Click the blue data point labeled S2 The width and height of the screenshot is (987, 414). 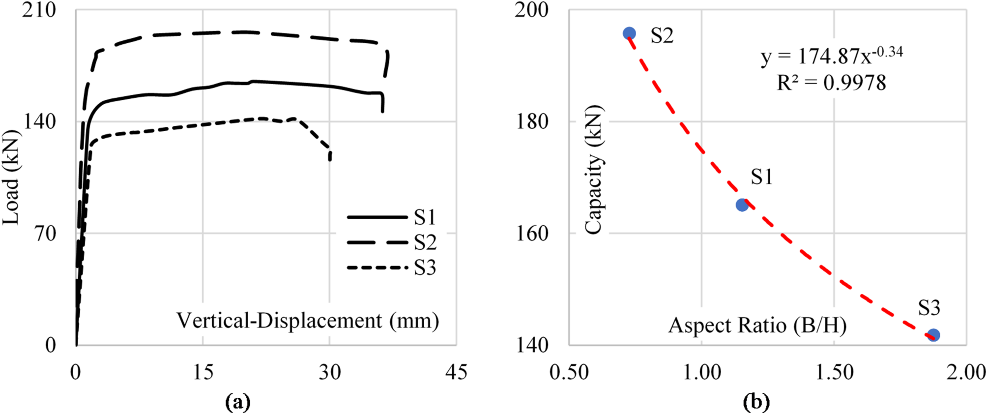[x=629, y=33]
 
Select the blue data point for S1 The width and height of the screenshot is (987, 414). [x=742, y=205]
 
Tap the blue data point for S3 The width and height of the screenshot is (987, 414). [x=933, y=335]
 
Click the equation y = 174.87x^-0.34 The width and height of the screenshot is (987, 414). [x=832, y=56]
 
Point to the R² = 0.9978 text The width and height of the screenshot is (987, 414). [x=831, y=83]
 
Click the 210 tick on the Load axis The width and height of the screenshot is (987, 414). [x=39, y=10]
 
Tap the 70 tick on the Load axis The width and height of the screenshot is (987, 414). [x=46, y=234]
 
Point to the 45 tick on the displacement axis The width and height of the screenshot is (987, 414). [x=456, y=372]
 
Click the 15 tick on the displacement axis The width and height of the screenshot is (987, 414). [x=203, y=372]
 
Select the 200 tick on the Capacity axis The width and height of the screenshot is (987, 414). [x=531, y=10]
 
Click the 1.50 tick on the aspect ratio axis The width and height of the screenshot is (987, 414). [x=834, y=372]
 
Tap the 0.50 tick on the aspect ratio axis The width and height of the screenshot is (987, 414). [x=569, y=372]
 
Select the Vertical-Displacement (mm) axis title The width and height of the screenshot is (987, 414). [x=308, y=321]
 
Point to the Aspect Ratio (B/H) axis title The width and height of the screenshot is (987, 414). [x=757, y=325]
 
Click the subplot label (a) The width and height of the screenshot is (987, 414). [x=238, y=402]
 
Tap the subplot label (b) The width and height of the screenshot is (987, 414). [x=756, y=402]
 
